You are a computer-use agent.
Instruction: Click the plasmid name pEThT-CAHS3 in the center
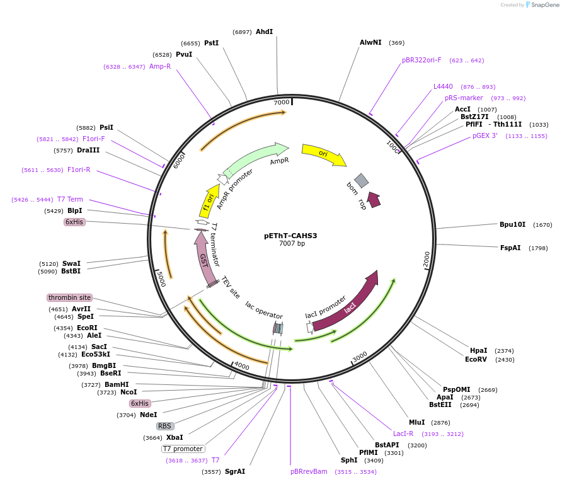tap(290, 236)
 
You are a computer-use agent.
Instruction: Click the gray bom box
tap(361, 181)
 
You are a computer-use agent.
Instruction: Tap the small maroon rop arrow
tap(374, 200)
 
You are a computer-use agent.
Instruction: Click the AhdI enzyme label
tap(264, 32)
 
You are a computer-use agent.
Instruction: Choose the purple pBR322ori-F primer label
tap(421, 60)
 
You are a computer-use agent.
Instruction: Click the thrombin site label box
tap(69, 297)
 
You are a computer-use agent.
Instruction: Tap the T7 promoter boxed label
tap(183, 449)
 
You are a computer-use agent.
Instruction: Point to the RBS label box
tap(165, 426)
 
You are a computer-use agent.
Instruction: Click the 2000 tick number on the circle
tap(427, 258)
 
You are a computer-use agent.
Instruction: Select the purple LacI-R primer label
tap(403, 433)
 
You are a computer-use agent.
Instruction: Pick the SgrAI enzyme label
tap(235, 471)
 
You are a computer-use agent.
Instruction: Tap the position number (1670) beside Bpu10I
tap(542, 225)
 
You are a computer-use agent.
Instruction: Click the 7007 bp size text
tap(292, 244)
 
